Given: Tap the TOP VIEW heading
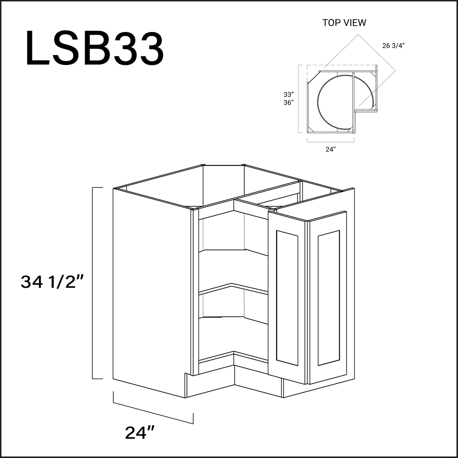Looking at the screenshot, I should pyautogui.click(x=344, y=23).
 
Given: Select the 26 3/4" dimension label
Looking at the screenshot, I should pyautogui.click(x=393, y=46).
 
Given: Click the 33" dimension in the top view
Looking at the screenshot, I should pyautogui.click(x=288, y=94).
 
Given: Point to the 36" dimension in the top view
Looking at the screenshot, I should pyautogui.click(x=288, y=103).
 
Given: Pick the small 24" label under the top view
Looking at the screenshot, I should pyautogui.click(x=330, y=150).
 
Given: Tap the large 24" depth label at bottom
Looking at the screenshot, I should pyautogui.click(x=140, y=432).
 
